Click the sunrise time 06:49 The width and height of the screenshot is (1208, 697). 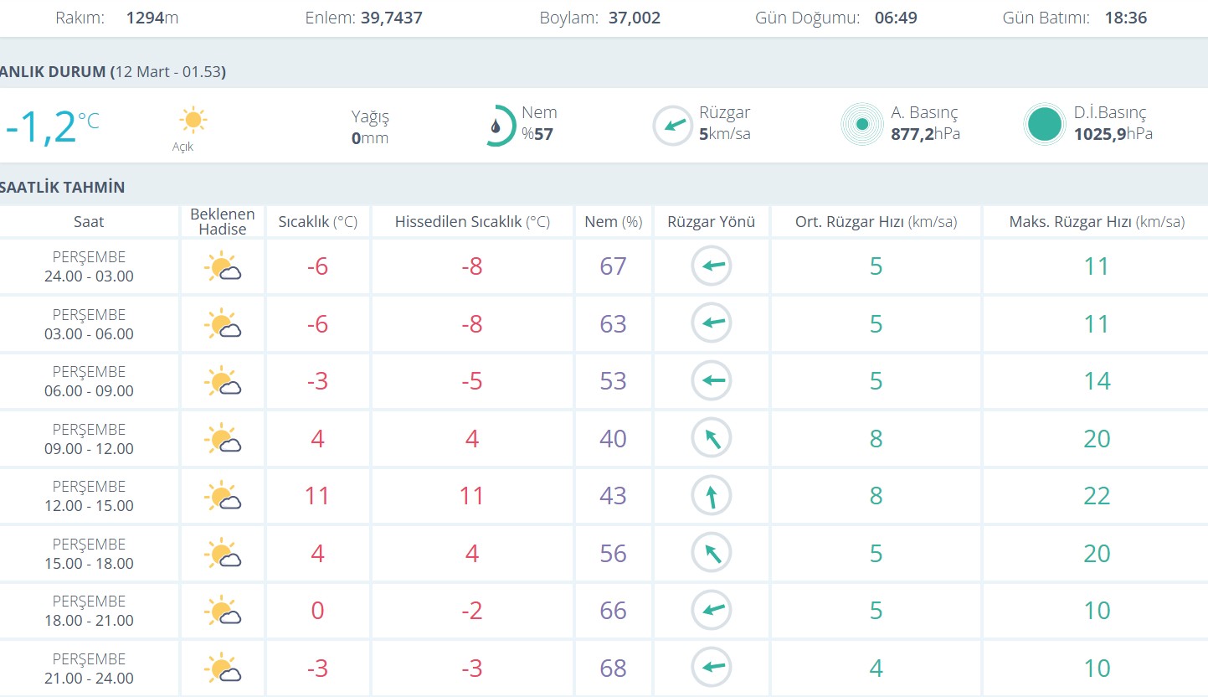point(895,18)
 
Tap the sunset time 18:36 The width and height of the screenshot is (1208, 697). point(1125,18)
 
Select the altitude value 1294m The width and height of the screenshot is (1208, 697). point(152,18)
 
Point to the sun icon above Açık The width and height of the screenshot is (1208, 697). point(193,121)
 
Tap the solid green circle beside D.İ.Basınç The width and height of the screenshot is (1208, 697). point(1045,125)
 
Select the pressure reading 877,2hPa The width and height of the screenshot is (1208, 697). point(925,134)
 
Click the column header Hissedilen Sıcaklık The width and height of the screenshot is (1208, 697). point(472,222)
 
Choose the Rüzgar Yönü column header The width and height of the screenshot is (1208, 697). point(712,222)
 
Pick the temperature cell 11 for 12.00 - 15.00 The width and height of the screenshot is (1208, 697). point(317,496)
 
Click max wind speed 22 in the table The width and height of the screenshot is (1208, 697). point(1097,496)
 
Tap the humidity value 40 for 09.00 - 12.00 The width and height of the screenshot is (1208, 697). point(613,438)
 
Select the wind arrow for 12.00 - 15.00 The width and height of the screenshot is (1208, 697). point(712,496)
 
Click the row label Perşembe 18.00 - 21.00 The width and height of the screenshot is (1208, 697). point(89,611)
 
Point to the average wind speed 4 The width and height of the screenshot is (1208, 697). point(876,669)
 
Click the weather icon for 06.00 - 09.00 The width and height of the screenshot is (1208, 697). point(223,381)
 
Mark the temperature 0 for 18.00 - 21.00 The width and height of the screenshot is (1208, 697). point(317,611)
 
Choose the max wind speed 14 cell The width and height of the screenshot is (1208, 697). point(1097,381)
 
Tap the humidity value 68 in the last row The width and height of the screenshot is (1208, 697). point(613,669)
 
